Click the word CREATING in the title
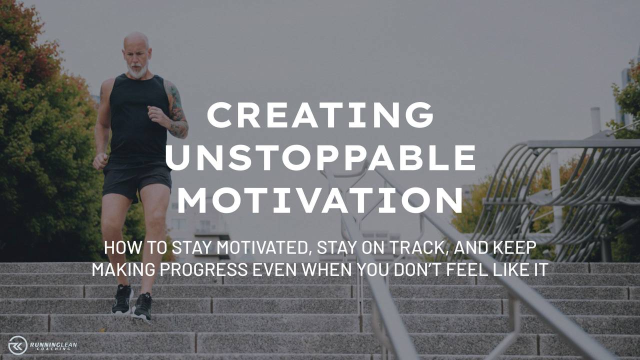point(320,114)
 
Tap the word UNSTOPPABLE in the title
point(320,157)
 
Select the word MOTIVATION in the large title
point(320,201)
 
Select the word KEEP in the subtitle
point(514,248)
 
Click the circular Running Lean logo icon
point(18,345)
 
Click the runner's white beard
point(138,70)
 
